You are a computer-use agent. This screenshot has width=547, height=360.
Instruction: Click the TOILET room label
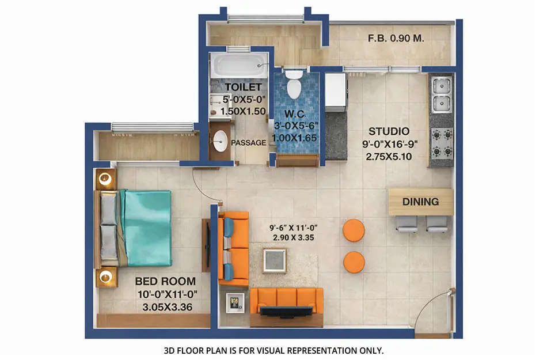[x=239, y=86]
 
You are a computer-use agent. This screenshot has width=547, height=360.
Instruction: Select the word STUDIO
[x=389, y=131]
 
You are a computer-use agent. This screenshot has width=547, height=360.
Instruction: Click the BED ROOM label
[x=165, y=282]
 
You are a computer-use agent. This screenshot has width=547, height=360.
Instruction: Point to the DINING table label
[x=420, y=202]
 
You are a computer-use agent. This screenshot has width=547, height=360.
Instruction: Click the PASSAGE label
[x=248, y=142]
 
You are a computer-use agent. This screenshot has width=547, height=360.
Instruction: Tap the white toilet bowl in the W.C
[x=294, y=87]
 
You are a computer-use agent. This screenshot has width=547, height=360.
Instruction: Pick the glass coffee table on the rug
[x=275, y=260]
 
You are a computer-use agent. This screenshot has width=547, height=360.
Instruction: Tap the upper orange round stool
[x=354, y=230]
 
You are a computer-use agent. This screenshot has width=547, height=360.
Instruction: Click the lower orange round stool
[x=354, y=262]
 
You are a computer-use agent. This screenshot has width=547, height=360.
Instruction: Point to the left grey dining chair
[x=407, y=224]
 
